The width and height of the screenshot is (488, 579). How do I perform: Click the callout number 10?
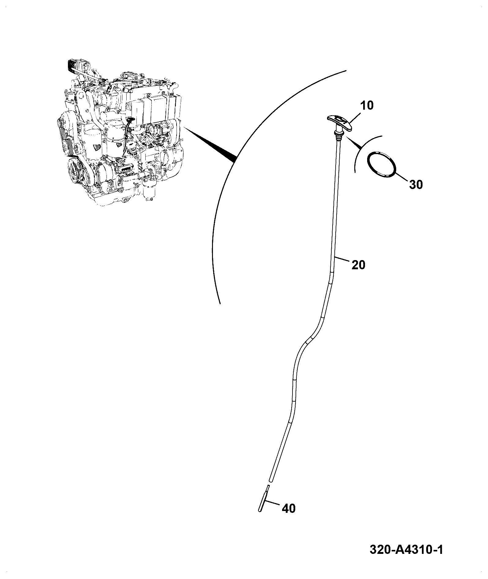tap(367, 106)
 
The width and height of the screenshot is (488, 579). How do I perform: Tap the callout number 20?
tap(358, 265)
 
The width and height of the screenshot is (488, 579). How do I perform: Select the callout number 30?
tap(416, 184)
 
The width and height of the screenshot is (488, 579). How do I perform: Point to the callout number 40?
tap(289, 509)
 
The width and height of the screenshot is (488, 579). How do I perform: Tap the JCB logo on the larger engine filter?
tap(97, 147)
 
